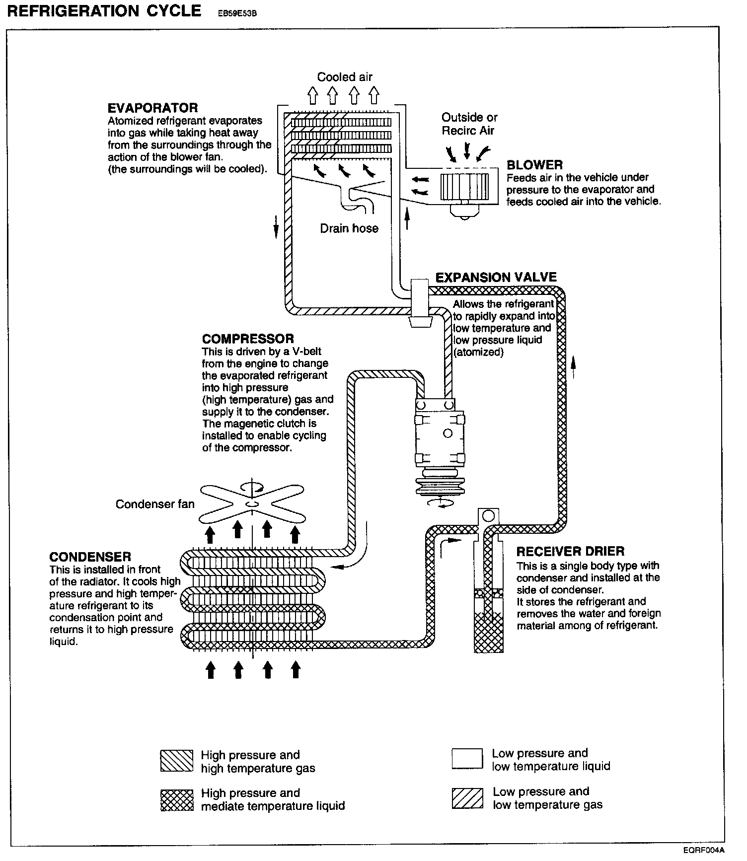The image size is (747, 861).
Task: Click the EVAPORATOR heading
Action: (x=152, y=108)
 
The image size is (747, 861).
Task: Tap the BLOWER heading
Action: (x=534, y=165)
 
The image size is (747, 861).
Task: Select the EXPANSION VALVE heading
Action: (x=496, y=277)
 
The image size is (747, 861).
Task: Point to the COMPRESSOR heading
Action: (x=248, y=339)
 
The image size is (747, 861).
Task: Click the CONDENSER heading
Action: (x=90, y=557)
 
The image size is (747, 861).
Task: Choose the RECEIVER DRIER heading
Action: (x=570, y=551)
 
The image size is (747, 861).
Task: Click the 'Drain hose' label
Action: (x=349, y=228)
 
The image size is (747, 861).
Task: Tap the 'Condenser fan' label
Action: (x=155, y=504)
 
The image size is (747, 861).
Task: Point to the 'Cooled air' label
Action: (x=345, y=77)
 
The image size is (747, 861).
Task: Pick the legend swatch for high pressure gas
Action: (x=177, y=761)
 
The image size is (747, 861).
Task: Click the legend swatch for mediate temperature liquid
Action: (x=177, y=799)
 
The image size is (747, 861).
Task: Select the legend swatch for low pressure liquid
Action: (x=467, y=759)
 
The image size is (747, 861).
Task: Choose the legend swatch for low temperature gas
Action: (x=467, y=798)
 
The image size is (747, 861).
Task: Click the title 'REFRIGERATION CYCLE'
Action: (x=104, y=11)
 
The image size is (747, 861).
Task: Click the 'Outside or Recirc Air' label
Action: (x=469, y=124)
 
